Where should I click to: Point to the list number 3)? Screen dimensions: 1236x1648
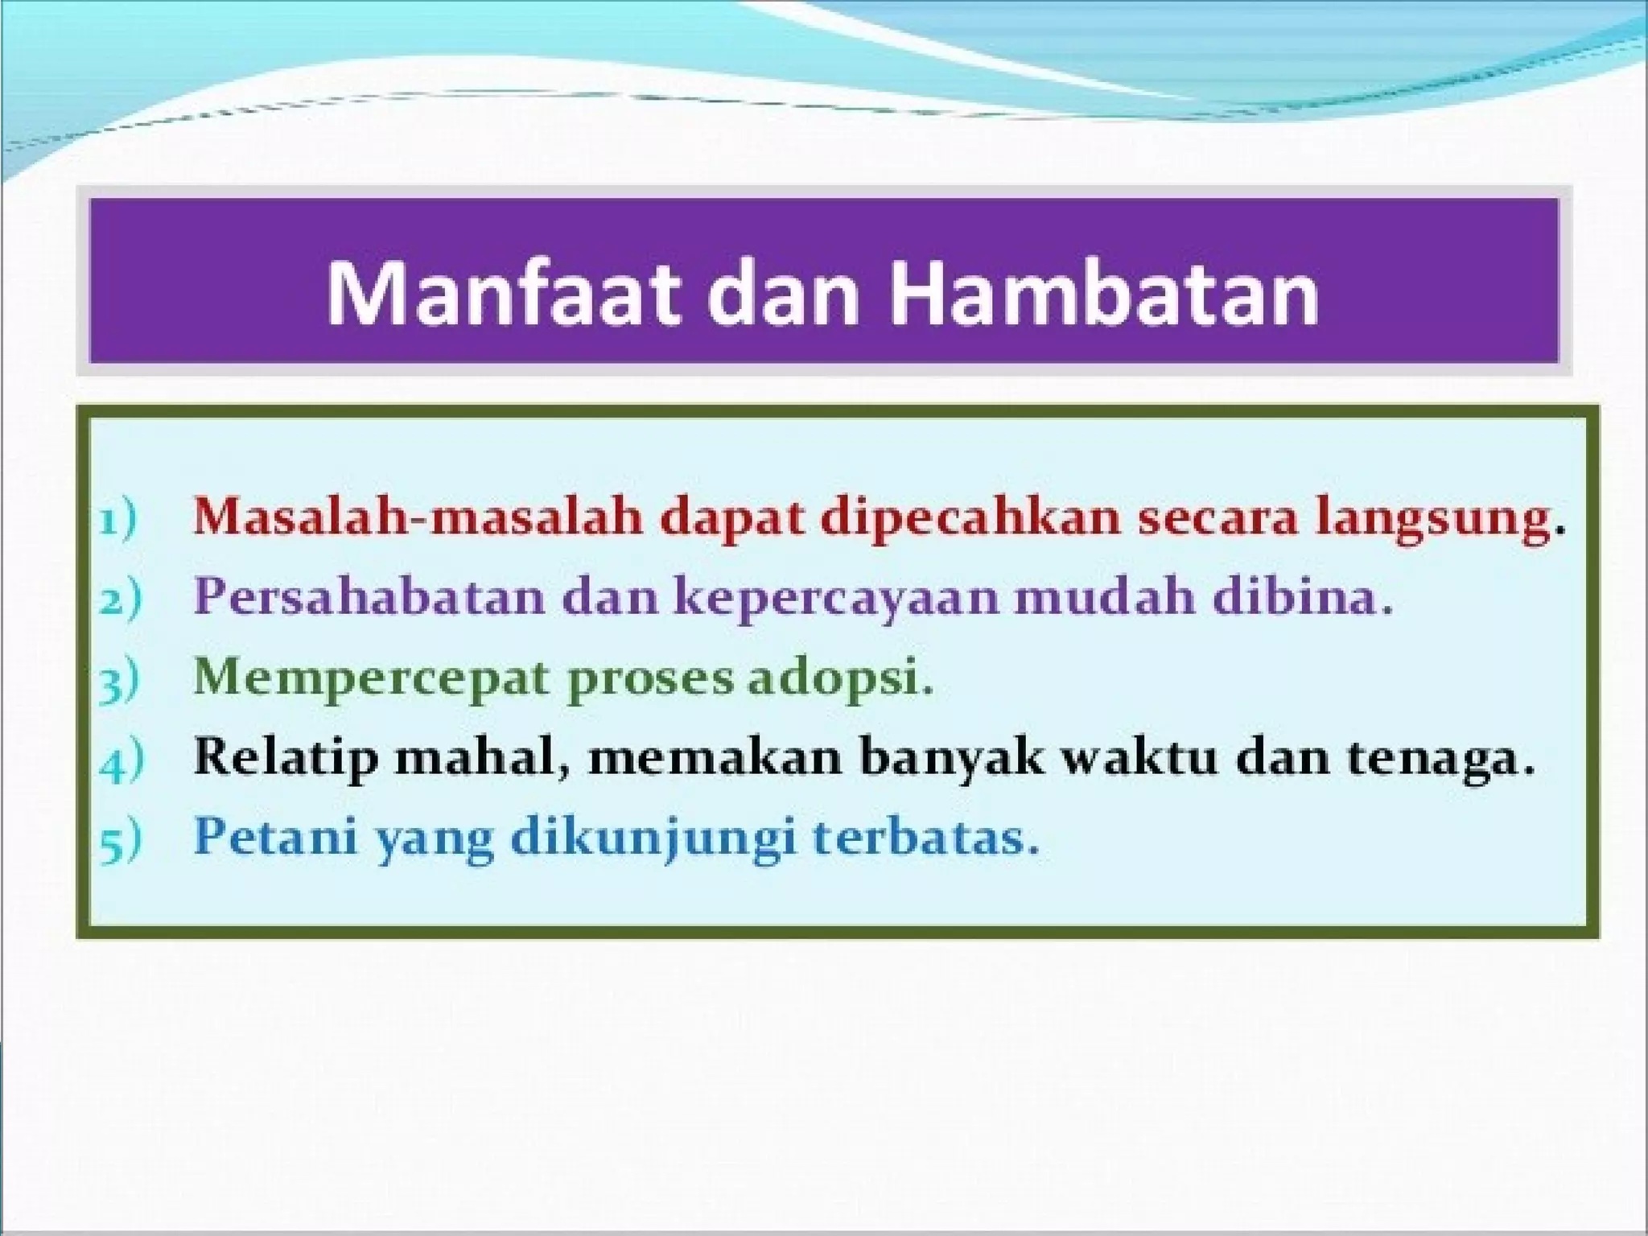(x=119, y=680)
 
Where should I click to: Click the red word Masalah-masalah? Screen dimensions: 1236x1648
(x=418, y=516)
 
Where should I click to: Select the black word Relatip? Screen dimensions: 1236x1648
(x=286, y=758)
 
